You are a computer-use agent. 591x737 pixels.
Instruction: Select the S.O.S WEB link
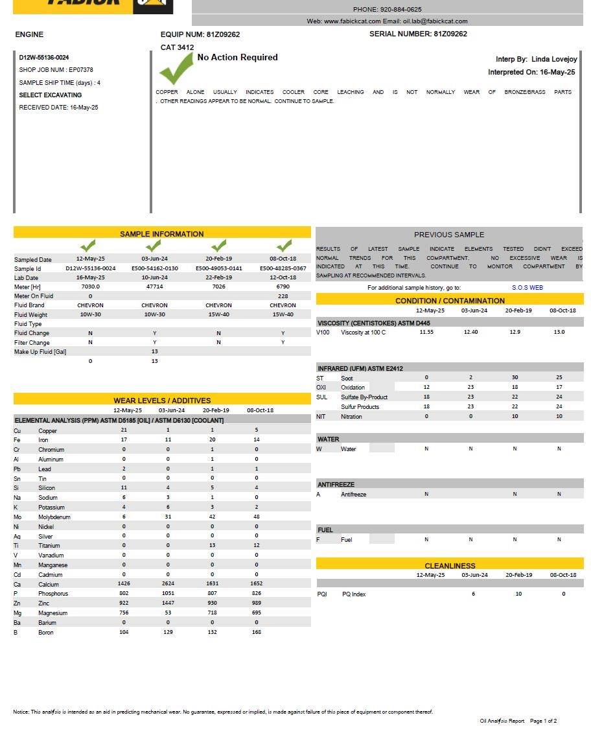tap(527, 287)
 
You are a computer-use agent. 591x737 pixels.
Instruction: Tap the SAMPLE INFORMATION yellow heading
tap(162, 234)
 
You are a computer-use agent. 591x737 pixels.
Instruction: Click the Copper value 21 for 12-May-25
tap(124, 430)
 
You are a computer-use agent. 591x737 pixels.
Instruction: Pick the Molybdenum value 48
tap(256, 517)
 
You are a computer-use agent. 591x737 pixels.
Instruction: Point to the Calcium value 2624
tap(168, 584)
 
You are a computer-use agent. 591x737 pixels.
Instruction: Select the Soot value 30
tap(515, 377)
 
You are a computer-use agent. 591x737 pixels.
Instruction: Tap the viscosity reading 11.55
tap(426, 332)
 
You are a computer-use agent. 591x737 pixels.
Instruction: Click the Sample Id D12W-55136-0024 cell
tap(91, 268)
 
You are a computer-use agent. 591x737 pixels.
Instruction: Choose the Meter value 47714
tap(154, 287)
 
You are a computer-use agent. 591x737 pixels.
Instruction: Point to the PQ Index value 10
tap(518, 594)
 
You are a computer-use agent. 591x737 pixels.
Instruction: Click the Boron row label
tap(46, 632)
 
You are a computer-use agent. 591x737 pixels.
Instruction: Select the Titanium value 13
tap(212, 546)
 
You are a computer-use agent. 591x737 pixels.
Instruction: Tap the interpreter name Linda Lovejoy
tap(554, 59)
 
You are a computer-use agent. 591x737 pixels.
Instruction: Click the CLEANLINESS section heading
tap(450, 566)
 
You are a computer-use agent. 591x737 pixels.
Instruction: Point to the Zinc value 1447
tap(168, 603)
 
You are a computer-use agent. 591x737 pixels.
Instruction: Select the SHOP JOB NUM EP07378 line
tap(56, 70)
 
